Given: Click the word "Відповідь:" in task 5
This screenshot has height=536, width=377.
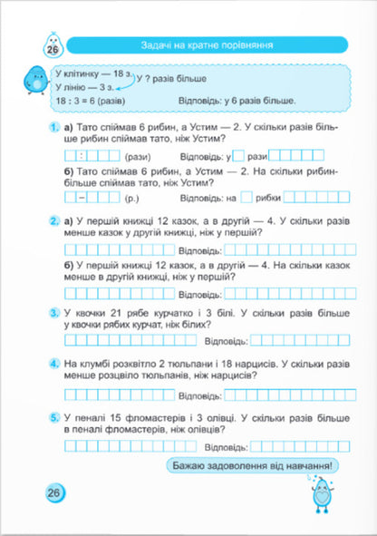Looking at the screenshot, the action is (x=226, y=446).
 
